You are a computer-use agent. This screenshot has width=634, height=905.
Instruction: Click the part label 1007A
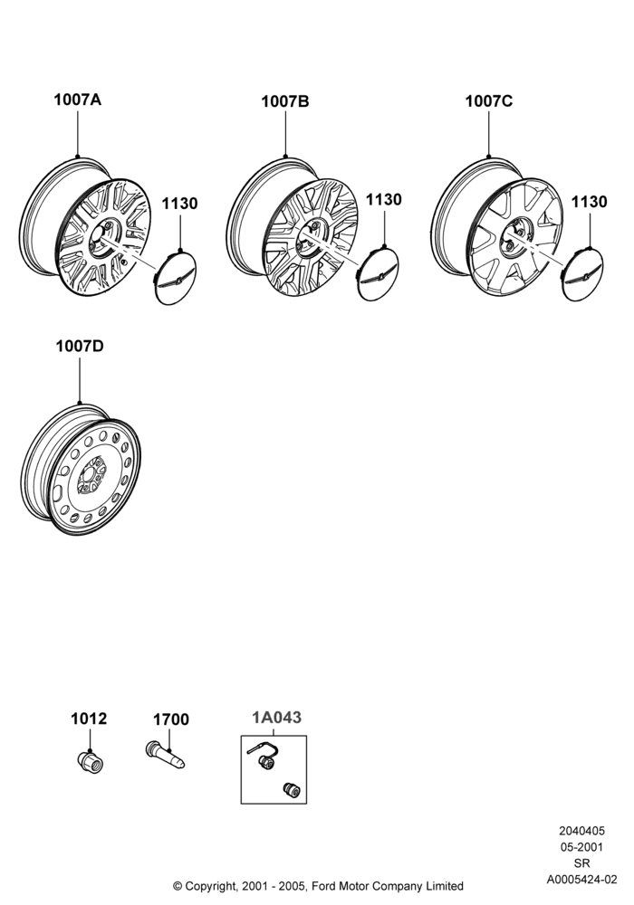coord(77,100)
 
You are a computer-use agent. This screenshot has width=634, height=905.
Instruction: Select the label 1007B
coord(285,101)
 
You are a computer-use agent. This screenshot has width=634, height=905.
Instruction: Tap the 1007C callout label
coord(489,101)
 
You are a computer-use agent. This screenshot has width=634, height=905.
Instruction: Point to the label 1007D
coord(80,347)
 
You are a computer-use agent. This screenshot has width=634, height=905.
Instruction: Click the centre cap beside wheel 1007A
coord(176,278)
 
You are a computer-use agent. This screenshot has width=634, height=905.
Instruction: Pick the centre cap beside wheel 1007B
coord(379,273)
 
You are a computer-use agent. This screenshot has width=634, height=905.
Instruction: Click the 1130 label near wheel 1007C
coord(589,202)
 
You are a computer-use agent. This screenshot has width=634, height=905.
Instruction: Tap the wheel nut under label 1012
coord(90,760)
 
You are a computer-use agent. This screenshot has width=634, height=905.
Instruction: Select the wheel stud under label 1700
coord(165,755)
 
